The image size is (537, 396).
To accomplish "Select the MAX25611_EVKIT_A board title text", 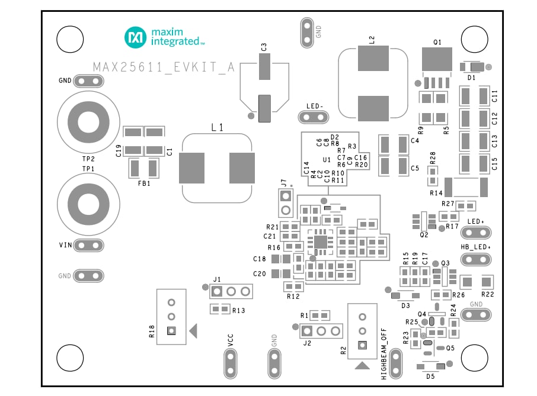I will coord(164,67).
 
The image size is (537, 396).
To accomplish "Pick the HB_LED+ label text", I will coord(475,247).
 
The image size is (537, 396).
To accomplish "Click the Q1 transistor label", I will coord(437,42).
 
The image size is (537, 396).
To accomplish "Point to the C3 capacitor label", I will coord(264,47).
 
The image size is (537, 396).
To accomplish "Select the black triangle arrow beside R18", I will coord(193,333).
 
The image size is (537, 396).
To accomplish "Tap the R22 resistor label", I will coord(487,294).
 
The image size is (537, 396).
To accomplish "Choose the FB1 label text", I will coord(144,183).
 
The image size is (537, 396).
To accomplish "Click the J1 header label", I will coord(217,279).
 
